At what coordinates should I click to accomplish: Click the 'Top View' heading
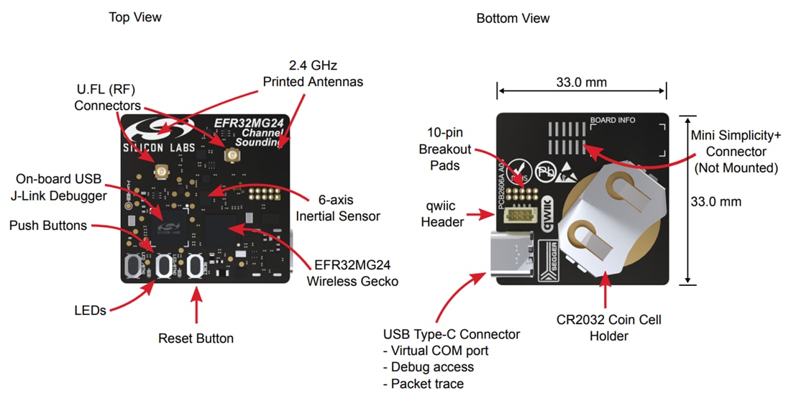(x=135, y=17)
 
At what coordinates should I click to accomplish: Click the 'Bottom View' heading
(x=513, y=18)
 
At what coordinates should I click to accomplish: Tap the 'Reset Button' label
(x=196, y=338)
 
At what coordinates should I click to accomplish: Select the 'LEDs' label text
(x=90, y=310)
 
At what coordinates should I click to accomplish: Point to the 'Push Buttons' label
(x=48, y=226)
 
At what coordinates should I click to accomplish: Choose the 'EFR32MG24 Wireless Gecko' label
(x=352, y=274)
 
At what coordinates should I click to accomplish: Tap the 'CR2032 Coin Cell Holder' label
(x=608, y=327)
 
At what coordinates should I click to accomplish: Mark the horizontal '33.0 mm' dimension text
(x=581, y=82)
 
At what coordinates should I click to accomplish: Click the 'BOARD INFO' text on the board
(x=612, y=120)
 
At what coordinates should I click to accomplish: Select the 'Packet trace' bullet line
(x=428, y=384)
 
